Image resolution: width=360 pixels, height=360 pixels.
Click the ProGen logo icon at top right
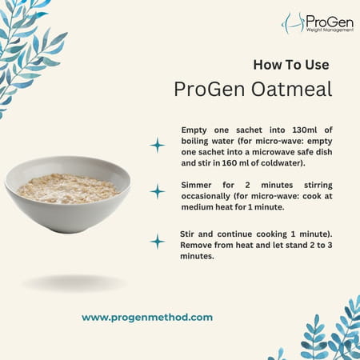pyautogui.click(x=293, y=22)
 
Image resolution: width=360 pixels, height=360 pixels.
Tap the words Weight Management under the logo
pyautogui.click(x=327, y=29)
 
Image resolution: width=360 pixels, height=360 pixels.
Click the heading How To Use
pyautogui.click(x=290, y=64)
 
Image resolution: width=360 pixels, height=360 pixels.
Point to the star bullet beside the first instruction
pyautogui.click(x=158, y=145)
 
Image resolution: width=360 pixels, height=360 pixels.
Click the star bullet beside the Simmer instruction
pyautogui.click(x=158, y=191)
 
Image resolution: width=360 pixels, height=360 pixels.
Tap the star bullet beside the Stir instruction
pyautogui.click(x=158, y=241)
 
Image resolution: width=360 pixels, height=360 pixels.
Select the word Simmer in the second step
pyautogui.click(x=199, y=183)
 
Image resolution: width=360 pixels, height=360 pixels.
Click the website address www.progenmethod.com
pyautogui.click(x=147, y=317)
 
